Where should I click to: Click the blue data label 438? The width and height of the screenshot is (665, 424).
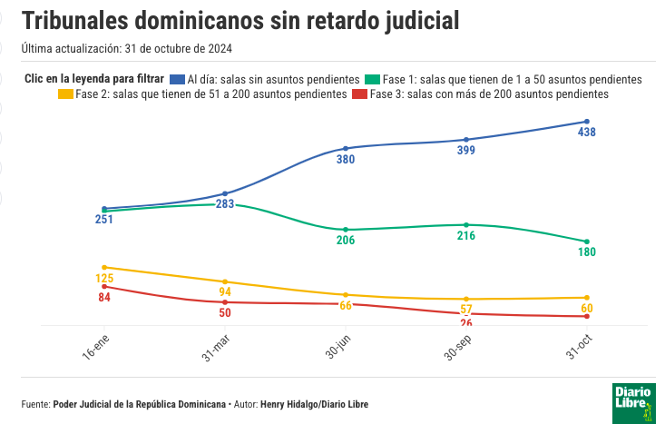click(587, 133)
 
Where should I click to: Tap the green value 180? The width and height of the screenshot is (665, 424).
click(587, 251)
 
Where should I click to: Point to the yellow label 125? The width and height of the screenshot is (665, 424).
click(104, 279)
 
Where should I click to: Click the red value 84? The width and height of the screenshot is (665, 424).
click(104, 297)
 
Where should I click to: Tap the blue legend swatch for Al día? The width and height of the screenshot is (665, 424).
click(177, 80)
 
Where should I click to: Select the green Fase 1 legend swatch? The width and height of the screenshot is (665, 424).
click(371, 80)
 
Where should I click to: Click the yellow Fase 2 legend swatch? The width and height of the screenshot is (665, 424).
click(65, 94)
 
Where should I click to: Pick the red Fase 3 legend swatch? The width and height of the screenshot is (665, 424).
click(359, 94)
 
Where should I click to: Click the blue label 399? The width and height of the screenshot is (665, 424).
click(466, 151)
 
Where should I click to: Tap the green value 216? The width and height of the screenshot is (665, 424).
click(466, 236)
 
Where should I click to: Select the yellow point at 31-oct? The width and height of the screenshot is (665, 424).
click(587, 297)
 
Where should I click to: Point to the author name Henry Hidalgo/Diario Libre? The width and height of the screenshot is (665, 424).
click(314, 404)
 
